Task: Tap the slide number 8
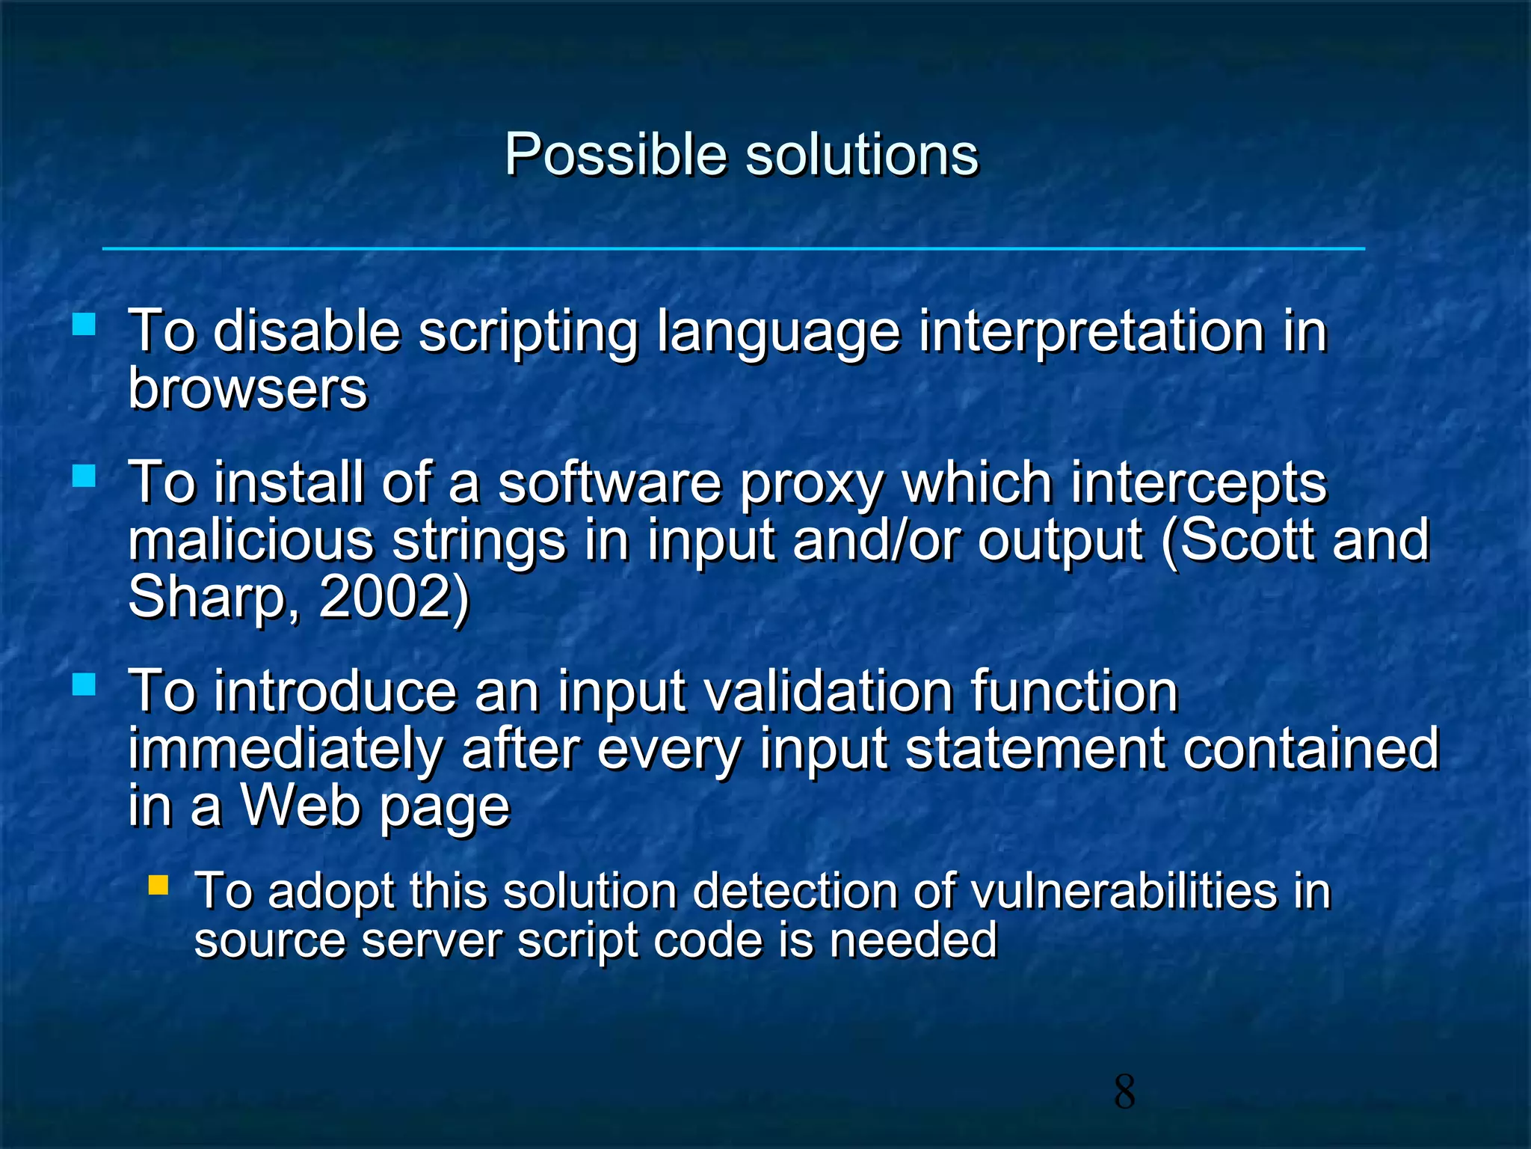1124,1092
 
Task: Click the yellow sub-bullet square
158,886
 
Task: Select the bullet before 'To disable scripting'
84,324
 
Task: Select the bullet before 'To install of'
84,476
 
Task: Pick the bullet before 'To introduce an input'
84,684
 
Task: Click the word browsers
247,389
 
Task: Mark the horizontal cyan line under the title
733,248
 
